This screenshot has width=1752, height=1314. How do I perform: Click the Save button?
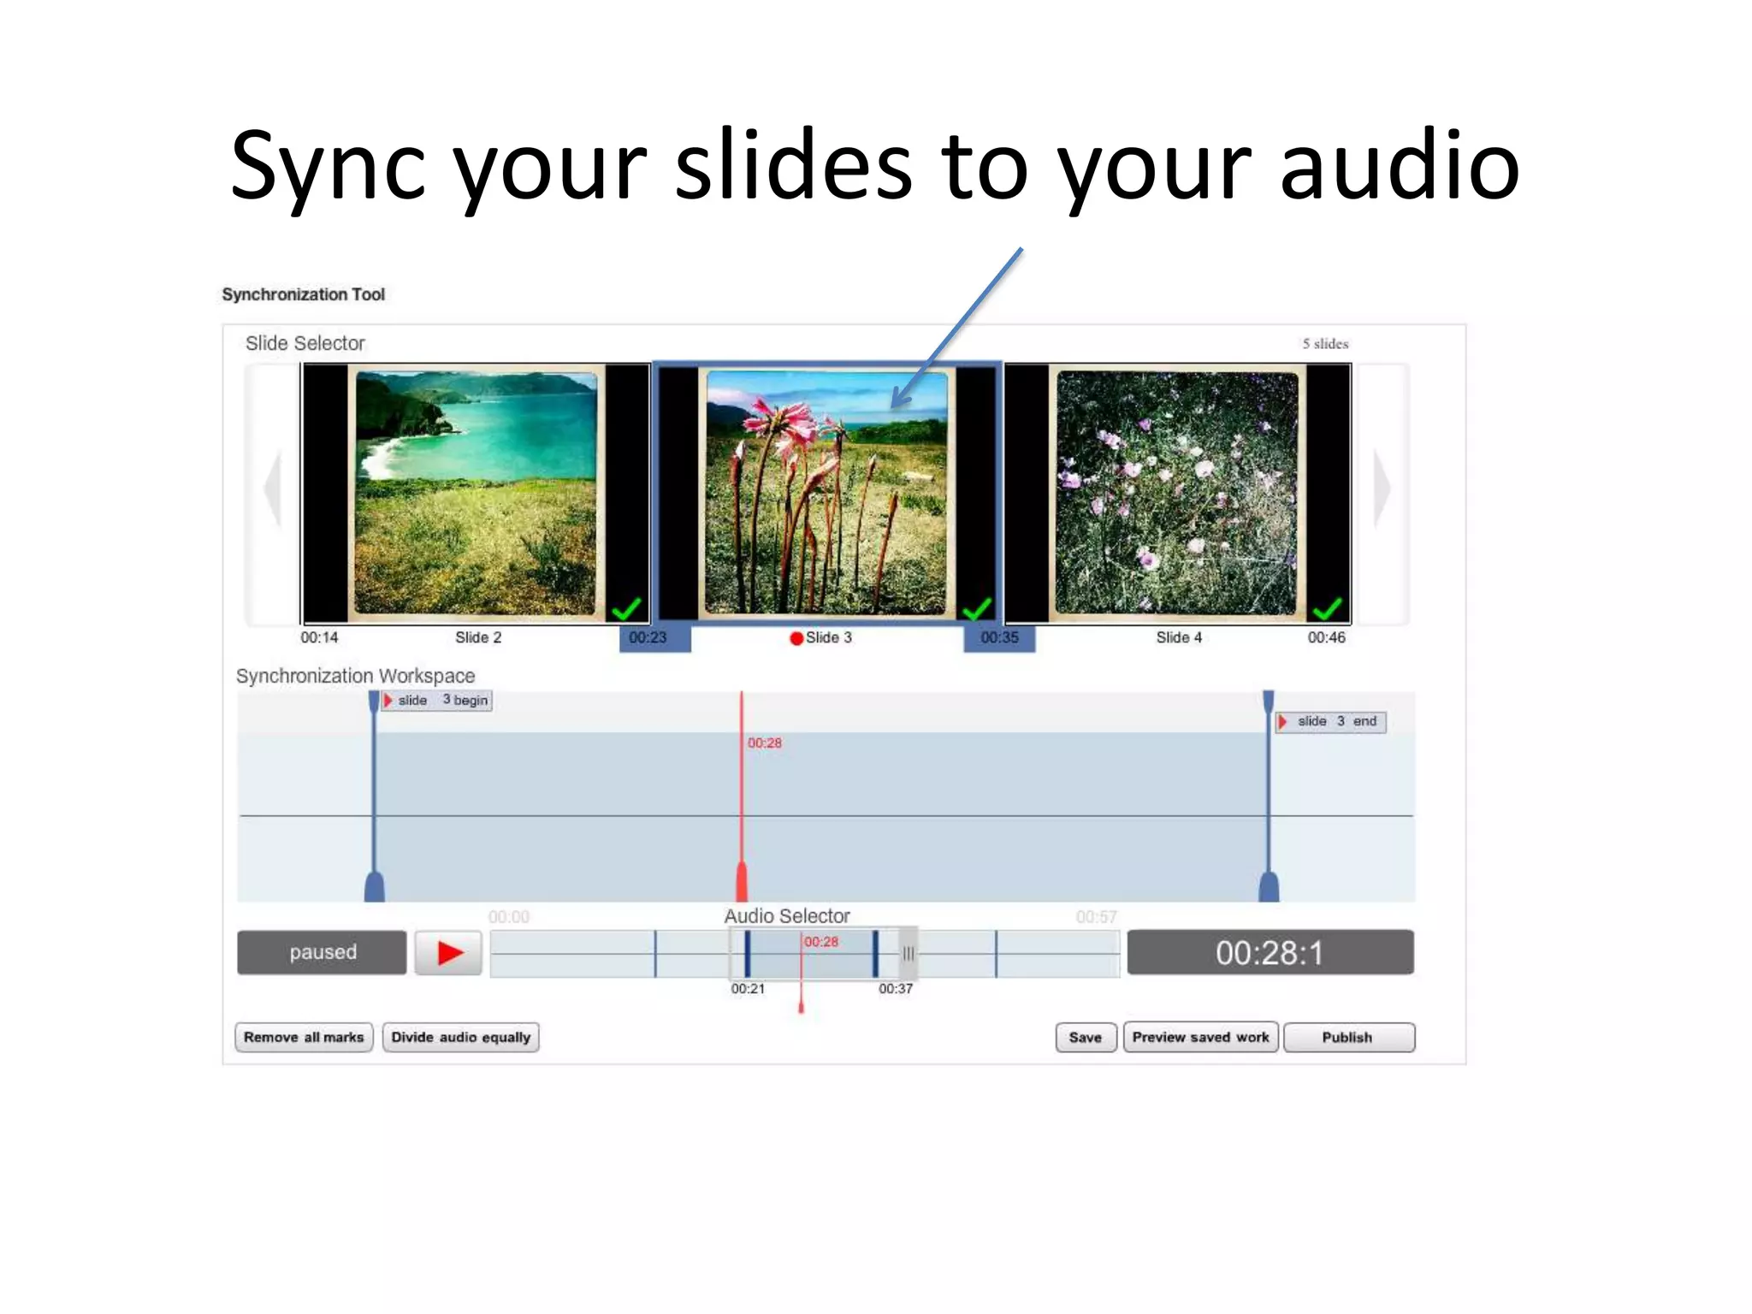pos(1085,1037)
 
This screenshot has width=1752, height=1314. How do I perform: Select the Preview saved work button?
pos(1200,1037)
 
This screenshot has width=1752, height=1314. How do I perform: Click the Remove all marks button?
pos(304,1037)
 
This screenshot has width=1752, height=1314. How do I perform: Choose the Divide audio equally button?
pos(460,1037)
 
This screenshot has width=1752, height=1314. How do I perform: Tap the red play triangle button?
pos(449,952)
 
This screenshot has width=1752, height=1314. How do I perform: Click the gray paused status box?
pos(322,952)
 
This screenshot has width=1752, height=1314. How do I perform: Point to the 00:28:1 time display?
pos(1270,952)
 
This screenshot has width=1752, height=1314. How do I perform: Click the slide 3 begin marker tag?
pos(437,700)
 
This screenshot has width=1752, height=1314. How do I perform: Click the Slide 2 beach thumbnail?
pos(476,493)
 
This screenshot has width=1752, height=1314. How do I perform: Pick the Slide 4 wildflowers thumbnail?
pos(1177,493)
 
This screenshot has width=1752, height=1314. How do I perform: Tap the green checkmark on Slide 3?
pos(976,608)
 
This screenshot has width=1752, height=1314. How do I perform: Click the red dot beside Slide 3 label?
pos(796,638)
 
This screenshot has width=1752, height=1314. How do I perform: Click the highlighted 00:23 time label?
pos(648,638)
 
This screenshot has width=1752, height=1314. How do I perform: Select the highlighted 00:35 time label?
pos(999,638)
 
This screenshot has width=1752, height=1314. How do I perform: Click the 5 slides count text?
pos(1325,344)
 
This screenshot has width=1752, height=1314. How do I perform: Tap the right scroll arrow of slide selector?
pos(1382,488)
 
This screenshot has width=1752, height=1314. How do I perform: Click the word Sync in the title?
pos(327,166)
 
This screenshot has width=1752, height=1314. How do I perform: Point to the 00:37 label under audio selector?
pos(895,989)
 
